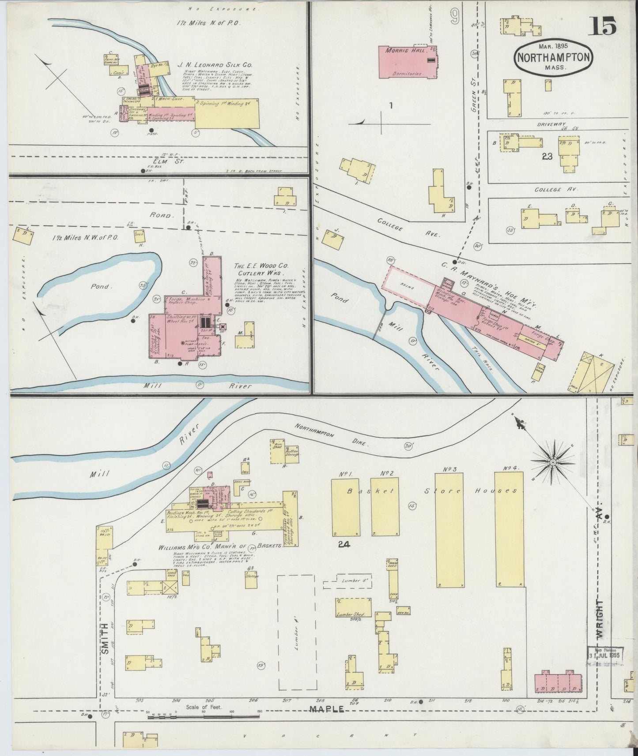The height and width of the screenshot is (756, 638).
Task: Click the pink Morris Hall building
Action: point(407,62)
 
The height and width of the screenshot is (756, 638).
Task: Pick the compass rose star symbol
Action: point(552,462)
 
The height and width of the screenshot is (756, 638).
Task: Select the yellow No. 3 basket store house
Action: point(449,530)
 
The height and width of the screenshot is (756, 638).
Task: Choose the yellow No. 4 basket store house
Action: point(509,530)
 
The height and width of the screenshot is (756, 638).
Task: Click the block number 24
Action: point(344,545)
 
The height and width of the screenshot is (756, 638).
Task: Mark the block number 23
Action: point(547,156)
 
